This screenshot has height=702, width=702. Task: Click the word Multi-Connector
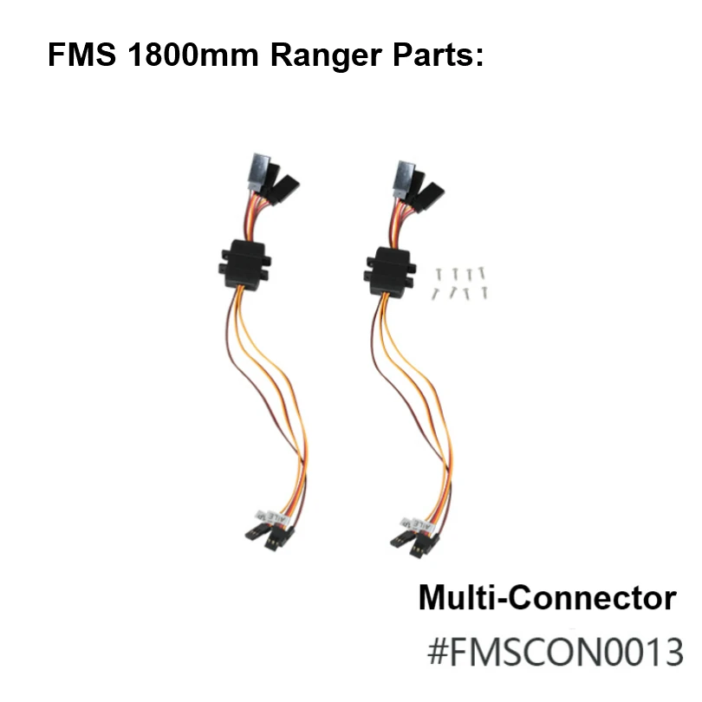[x=547, y=598]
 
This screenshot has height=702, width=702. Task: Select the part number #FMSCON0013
[x=556, y=651]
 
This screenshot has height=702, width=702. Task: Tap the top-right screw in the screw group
[x=483, y=272]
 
